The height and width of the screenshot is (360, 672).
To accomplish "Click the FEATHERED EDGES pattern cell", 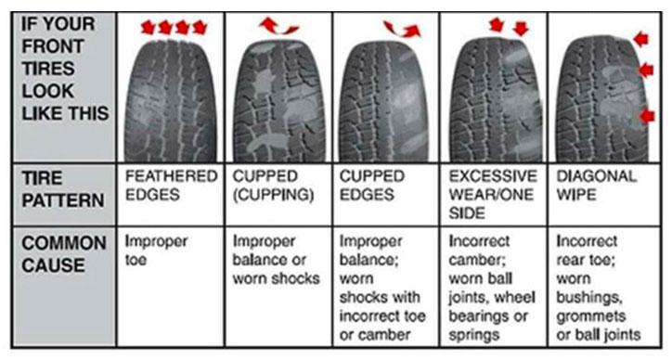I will tap(171, 185).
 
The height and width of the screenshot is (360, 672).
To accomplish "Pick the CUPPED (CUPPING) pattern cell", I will tap(275, 185).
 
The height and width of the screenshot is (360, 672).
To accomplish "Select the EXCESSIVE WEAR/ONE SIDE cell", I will tap(492, 194).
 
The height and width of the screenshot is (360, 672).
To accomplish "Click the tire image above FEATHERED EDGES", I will tap(173, 93).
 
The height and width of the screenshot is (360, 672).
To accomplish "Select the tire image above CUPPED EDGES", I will tap(384, 97).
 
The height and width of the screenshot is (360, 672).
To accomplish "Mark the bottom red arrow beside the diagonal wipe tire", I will tap(646, 115).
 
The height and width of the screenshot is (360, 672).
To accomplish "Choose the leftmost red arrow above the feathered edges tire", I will tap(146, 28).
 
